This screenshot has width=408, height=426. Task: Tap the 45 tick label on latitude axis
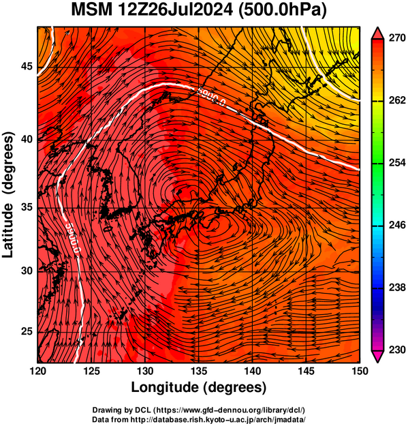coord(27,66)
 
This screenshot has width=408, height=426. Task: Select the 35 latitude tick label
coord(27,207)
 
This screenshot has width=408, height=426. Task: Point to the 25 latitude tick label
coord(27,331)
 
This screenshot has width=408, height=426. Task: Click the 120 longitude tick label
coord(37,371)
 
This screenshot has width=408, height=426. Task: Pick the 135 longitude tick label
coord(199,371)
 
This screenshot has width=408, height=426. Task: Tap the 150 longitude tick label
coord(360,371)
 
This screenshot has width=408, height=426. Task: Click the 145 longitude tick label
coord(306,371)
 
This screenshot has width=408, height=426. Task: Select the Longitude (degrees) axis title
coord(198,387)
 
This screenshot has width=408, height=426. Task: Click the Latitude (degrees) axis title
coord(7,195)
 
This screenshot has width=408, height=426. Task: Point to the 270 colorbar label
coord(397,38)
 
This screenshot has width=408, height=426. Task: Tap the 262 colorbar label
coord(397,100)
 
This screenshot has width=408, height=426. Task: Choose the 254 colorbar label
coord(397,162)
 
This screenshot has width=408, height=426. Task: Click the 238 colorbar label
coord(397,287)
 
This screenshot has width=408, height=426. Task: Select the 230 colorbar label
coord(397,350)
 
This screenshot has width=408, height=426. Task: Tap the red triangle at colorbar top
coord(378,34)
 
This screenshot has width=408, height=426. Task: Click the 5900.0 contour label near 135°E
coord(211,97)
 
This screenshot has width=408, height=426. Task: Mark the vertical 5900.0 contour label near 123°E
coord(74,239)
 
